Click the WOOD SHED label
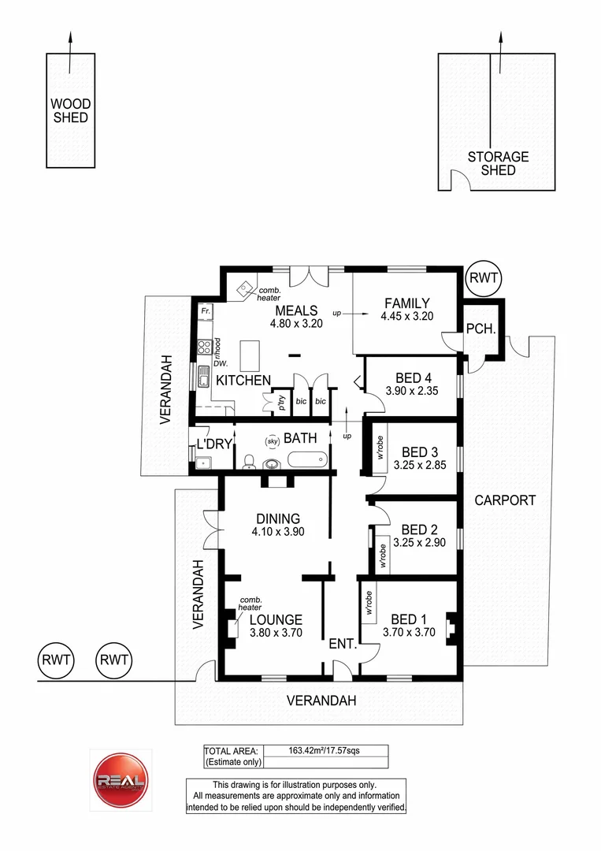click(71, 110)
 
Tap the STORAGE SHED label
click(498, 163)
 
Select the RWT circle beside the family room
click(482, 277)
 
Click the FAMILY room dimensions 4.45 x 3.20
click(407, 317)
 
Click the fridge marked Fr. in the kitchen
click(206, 312)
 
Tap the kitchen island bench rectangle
click(250, 355)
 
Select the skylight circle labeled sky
click(273, 441)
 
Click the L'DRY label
click(214, 444)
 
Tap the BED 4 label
click(406, 377)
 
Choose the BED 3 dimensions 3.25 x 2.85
click(420, 465)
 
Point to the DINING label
click(277, 518)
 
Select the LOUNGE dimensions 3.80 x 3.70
click(276, 632)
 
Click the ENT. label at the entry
click(343, 645)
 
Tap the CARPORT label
click(505, 500)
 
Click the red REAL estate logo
click(121, 781)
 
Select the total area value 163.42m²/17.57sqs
click(325, 750)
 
